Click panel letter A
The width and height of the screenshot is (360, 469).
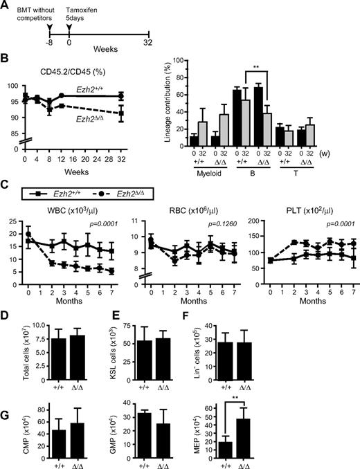[6, 7]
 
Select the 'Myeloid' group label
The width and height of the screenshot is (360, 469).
[237, 191]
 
